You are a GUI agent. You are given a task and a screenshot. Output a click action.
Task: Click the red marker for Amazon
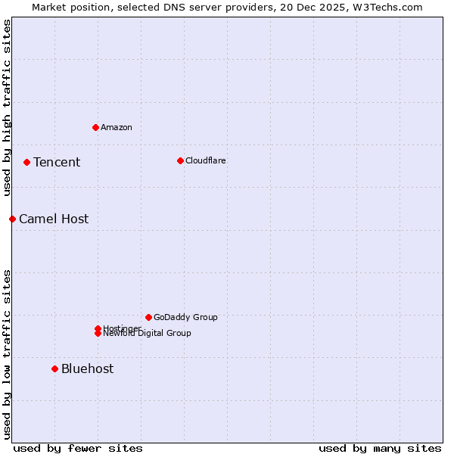(95, 127)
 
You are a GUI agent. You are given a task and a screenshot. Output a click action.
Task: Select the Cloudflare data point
(180, 160)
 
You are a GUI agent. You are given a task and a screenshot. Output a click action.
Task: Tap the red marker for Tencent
(26, 162)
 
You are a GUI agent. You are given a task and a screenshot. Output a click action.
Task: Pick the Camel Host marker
(12, 219)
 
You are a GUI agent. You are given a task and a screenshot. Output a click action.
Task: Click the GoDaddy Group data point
(148, 317)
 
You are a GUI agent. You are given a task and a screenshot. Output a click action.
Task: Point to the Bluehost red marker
(54, 368)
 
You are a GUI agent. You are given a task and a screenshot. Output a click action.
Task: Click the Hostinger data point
(98, 328)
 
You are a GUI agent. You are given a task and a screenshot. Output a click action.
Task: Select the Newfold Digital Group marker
(98, 334)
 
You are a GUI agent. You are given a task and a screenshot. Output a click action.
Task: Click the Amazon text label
(117, 127)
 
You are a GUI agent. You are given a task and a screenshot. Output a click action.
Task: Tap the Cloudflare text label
(206, 160)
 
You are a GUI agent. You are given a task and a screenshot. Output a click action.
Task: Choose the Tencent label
(57, 162)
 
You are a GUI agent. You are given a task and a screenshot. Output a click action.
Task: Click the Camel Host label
(54, 219)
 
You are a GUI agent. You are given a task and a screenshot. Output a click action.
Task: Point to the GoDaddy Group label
(185, 317)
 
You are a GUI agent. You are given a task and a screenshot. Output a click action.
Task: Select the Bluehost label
(88, 368)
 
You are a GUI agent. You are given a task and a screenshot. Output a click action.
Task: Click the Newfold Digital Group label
(148, 334)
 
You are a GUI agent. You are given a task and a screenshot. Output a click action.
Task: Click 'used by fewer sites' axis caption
(78, 448)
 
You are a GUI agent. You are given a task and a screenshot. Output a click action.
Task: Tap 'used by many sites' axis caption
(380, 448)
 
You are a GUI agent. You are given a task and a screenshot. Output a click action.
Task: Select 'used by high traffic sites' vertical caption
(8, 107)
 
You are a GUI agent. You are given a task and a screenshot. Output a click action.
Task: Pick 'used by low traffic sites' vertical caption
(8, 353)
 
